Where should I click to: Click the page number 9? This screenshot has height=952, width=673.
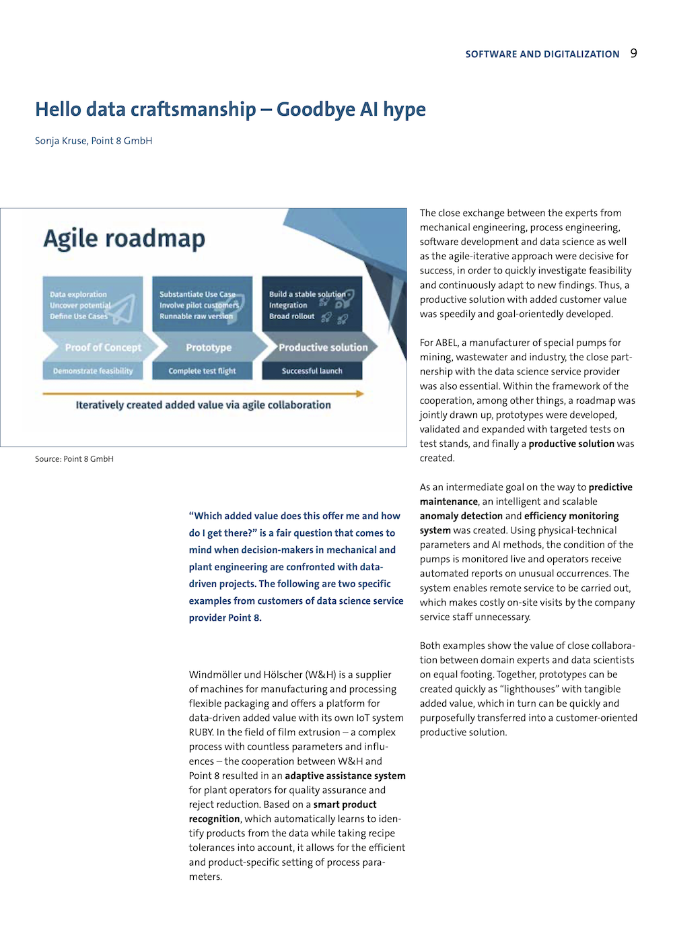(633, 53)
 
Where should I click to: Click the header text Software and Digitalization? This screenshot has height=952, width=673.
(542, 55)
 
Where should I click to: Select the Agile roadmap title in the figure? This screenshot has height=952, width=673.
(125, 239)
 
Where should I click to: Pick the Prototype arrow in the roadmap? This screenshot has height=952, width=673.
(209, 347)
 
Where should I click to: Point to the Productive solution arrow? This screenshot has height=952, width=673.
(322, 347)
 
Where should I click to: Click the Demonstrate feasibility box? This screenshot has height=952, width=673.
(93, 371)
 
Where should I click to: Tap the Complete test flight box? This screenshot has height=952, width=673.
(202, 371)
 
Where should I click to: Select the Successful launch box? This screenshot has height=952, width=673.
(312, 371)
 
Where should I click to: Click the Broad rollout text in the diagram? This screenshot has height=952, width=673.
(291, 316)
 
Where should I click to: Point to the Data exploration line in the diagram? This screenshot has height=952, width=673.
(78, 294)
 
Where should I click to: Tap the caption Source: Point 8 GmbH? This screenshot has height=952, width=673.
(74, 459)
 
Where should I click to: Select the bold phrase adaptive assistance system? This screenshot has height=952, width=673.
(345, 776)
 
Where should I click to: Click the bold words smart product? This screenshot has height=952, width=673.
(345, 805)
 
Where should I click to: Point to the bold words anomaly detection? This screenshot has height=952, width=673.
(461, 516)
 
